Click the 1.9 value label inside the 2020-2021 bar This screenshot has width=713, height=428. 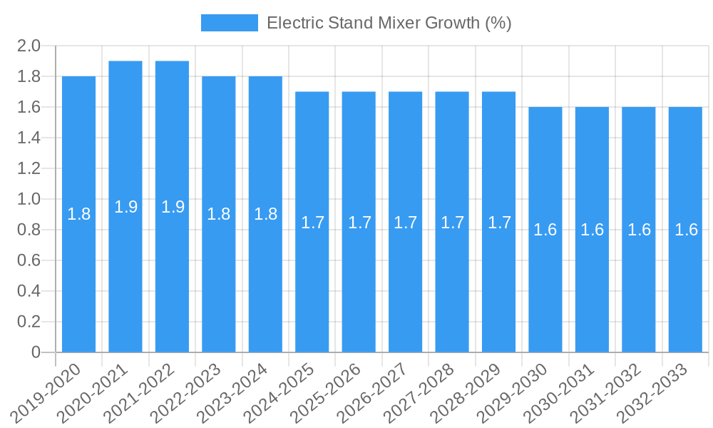(125, 207)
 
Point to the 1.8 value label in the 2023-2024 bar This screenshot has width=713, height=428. (265, 214)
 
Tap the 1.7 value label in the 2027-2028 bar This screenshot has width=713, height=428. (452, 222)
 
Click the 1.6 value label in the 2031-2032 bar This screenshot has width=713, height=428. (639, 230)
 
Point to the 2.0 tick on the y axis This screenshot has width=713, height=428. (28, 46)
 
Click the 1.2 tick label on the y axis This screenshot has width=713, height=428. (28, 169)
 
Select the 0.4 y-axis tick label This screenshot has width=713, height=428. (28, 292)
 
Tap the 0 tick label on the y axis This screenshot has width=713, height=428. (36, 353)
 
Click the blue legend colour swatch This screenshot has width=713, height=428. (229, 23)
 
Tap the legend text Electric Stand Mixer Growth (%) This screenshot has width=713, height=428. (389, 23)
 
